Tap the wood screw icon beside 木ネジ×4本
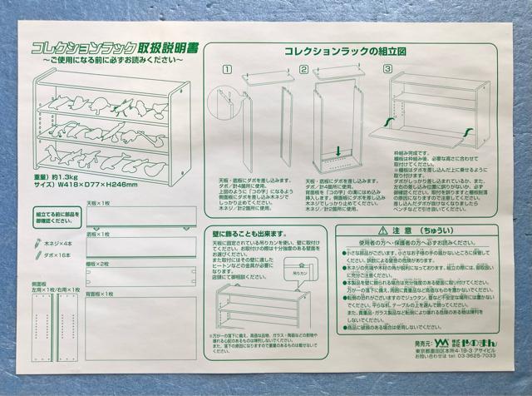38,245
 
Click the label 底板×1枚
106,235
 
